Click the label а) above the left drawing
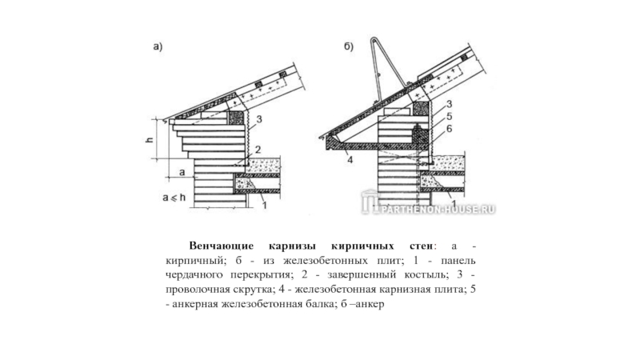[159, 47]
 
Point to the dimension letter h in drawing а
[149, 139]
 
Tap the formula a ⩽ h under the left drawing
[173, 198]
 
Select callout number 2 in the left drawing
[258, 150]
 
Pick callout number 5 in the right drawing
[450, 115]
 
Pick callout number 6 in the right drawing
[450, 128]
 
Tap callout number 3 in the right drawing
[450, 104]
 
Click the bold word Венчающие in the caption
[220, 246]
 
